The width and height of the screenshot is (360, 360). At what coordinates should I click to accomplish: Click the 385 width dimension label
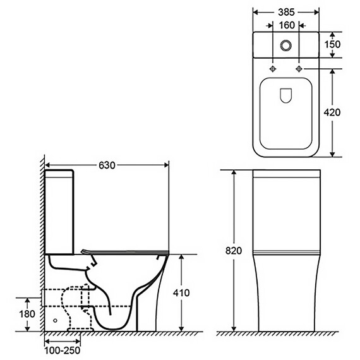click(x=286, y=13)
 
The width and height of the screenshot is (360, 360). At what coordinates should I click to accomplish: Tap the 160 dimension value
click(x=287, y=25)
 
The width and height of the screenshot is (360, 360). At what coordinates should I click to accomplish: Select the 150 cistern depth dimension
click(x=332, y=44)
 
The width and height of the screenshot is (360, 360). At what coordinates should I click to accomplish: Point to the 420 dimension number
click(x=332, y=112)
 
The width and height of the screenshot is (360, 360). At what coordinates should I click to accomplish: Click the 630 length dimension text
click(x=107, y=165)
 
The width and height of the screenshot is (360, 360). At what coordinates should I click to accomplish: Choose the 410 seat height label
click(x=181, y=292)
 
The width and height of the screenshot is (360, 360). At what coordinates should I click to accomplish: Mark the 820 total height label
click(x=234, y=251)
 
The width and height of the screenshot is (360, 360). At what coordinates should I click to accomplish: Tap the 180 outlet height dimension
click(x=27, y=314)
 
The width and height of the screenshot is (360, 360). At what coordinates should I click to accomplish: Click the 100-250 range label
click(x=63, y=351)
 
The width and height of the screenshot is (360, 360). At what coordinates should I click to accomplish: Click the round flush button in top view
click(x=286, y=45)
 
